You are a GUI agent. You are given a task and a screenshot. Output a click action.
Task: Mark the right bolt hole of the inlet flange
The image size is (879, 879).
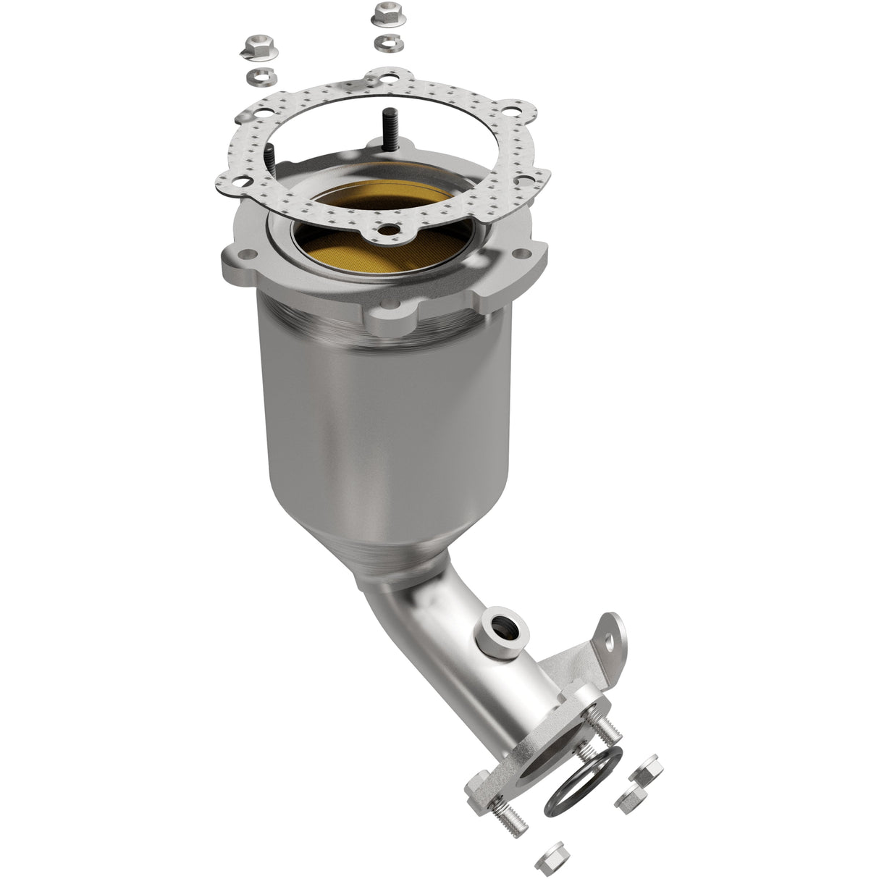point(520,253)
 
